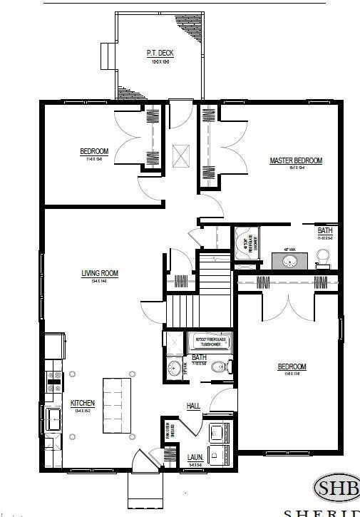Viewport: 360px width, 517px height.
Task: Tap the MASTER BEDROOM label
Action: (296, 161)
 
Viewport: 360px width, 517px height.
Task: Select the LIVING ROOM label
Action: (99, 273)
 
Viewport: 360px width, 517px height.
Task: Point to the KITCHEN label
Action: (83, 404)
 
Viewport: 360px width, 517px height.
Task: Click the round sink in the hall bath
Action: (174, 369)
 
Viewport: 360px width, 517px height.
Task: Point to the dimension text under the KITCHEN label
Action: (83, 411)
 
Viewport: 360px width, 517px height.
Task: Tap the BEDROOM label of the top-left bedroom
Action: (94, 151)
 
